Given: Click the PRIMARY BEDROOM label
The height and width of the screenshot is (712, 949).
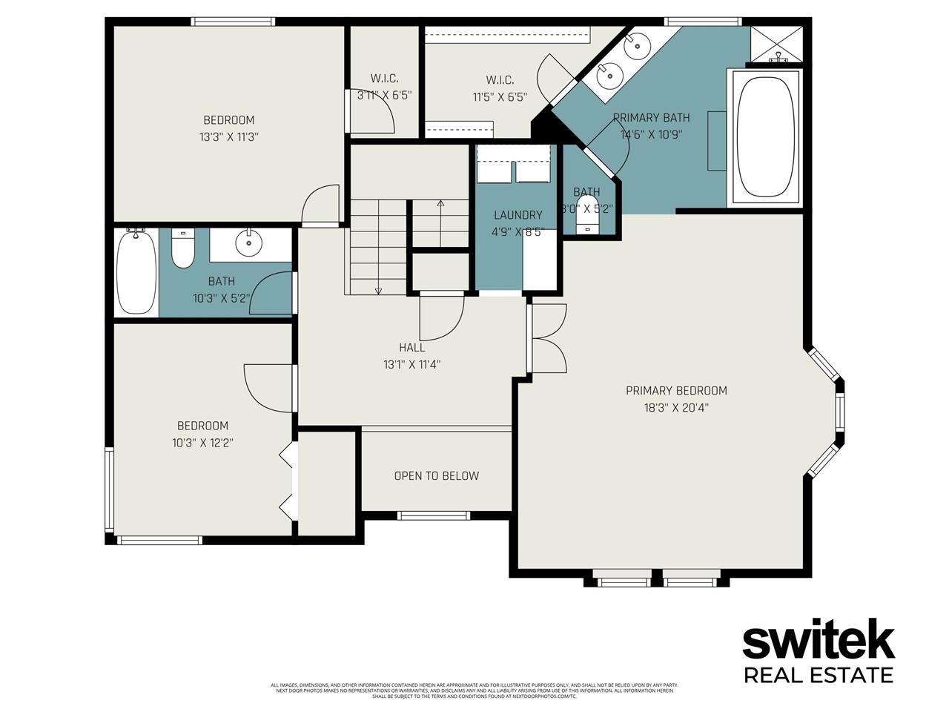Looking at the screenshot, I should [x=676, y=390].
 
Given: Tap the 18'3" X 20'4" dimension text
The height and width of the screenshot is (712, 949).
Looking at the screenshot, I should [x=676, y=407].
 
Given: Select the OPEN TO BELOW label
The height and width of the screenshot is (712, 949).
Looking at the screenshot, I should [x=436, y=476].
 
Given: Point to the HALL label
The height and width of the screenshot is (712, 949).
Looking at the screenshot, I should [x=412, y=347].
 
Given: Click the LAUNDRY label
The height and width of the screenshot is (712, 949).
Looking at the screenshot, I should [x=518, y=215].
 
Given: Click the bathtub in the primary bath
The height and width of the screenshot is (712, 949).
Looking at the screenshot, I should [x=767, y=136].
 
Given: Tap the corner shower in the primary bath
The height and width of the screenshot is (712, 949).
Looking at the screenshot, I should [x=776, y=44].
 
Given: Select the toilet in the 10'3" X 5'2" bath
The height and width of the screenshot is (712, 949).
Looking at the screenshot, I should [x=182, y=248].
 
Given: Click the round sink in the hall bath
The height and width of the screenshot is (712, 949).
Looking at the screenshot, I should [x=248, y=242].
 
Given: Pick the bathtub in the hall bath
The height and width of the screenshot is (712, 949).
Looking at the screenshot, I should [x=136, y=273].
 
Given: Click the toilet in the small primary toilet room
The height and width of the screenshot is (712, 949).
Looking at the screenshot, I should [x=588, y=216].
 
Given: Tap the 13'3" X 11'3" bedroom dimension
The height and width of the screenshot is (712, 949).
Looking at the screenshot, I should [x=228, y=137].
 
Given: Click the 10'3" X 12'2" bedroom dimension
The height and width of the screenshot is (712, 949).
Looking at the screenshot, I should [x=202, y=443].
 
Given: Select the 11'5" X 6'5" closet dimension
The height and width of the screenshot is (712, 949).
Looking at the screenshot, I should [x=500, y=97].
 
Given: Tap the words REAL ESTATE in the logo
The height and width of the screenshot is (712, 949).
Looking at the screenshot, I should [x=819, y=675].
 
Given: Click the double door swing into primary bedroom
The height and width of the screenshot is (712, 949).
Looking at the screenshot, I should [x=547, y=338].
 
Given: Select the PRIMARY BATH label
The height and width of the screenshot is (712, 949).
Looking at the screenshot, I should [x=651, y=118].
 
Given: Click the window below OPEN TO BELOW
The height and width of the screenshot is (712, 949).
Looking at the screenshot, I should [x=434, y=515].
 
